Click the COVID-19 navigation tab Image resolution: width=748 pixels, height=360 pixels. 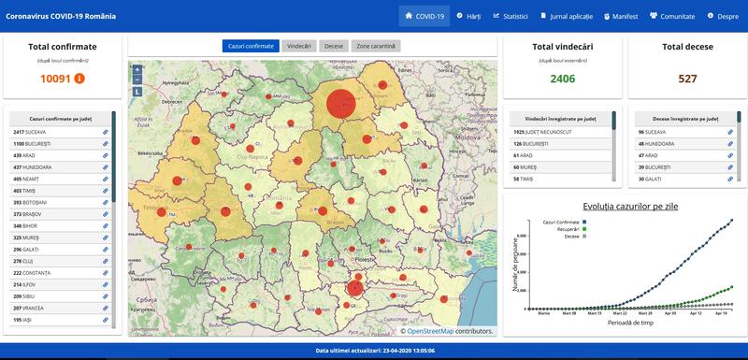[424, 16]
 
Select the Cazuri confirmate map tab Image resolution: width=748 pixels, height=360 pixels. [251, 46]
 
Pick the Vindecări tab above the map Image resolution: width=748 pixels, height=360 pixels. [299, 46]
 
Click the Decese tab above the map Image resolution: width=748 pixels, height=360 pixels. [333, 46]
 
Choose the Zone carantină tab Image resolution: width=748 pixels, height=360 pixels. [376, 46]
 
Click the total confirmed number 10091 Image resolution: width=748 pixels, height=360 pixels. [56, 79]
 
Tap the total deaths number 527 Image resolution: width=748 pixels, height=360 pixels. [687, 79]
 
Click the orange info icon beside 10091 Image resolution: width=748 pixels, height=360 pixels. [79, 79]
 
